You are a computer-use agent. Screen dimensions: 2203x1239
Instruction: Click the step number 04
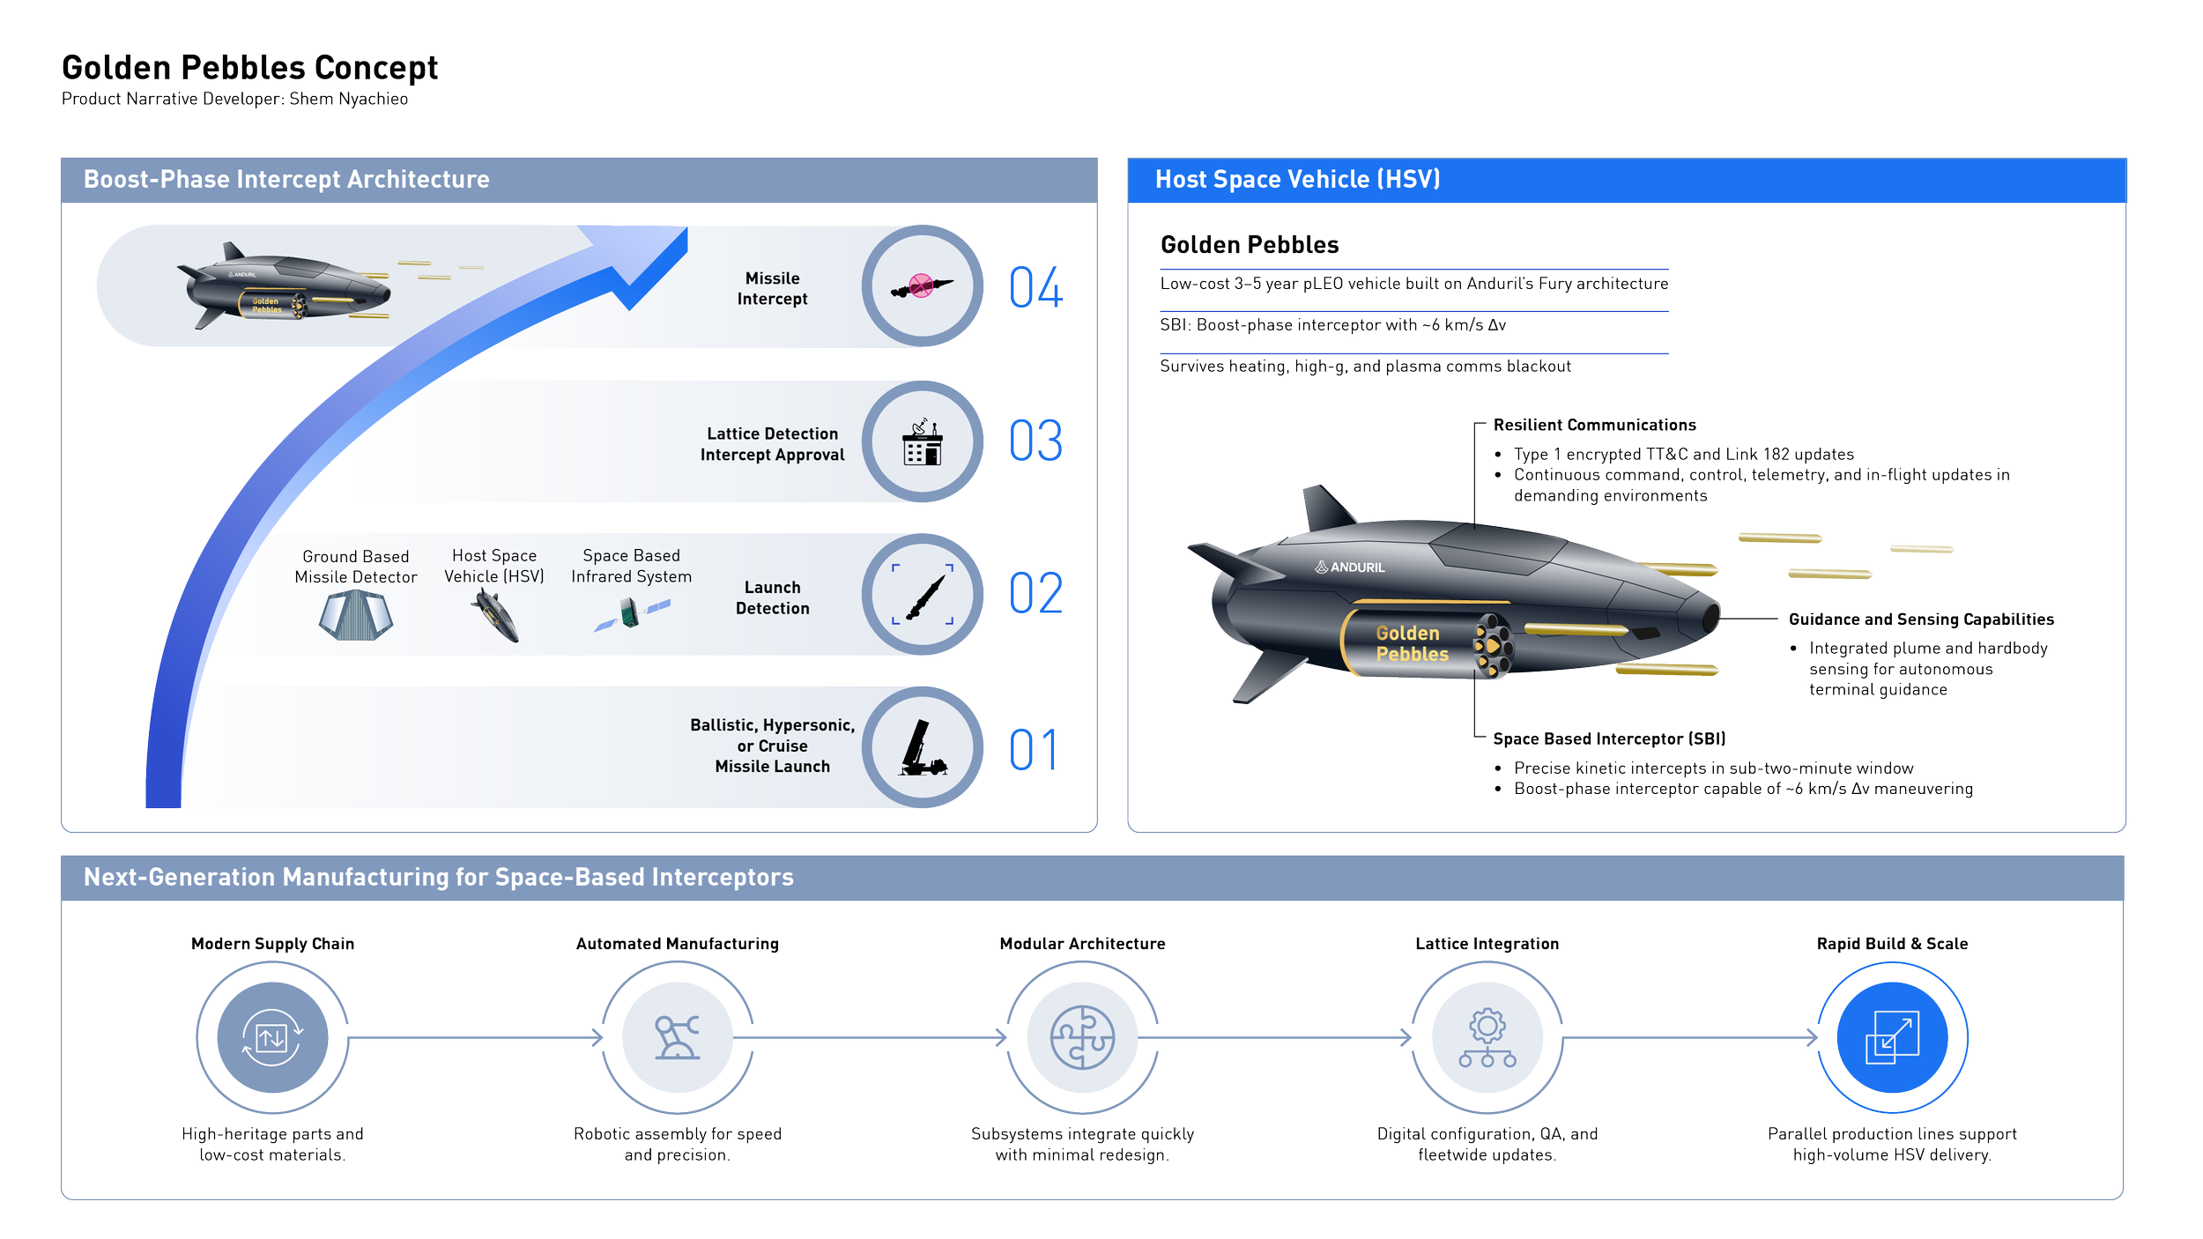tap(1035, 287)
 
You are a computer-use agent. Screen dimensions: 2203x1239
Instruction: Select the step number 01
tap(1033, 750)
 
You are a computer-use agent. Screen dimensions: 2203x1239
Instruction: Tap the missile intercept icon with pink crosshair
tap(922, 286)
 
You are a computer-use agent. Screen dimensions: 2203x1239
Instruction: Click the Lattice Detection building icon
tap(922, 441)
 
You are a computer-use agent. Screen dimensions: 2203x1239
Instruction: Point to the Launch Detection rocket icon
tap(922, 595)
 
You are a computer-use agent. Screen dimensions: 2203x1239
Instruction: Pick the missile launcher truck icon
tap(922, 748)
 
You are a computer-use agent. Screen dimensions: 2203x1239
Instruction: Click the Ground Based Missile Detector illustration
tap(356, 614)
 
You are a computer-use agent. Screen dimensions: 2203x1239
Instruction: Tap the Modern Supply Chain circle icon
tap(272, 1037)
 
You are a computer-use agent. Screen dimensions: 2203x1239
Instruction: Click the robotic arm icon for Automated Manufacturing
tap(677, 1037)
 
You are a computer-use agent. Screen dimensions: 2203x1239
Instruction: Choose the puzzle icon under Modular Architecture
tap(1082, 1037)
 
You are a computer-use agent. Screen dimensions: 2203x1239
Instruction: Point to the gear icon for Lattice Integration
tap(1487, 1037)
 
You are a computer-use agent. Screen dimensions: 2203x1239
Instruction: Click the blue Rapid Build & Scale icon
tap(1892, 1037)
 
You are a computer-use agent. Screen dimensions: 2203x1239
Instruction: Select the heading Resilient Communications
tap(1594, 425)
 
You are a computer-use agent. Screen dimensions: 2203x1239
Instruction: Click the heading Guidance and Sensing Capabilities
tap(1920, 619)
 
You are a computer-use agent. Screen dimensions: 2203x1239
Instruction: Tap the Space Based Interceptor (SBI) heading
tap(1608, 738)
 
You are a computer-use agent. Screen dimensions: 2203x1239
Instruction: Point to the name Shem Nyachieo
tap(348, 99)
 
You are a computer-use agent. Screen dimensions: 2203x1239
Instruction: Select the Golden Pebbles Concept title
tap(249, 67)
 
